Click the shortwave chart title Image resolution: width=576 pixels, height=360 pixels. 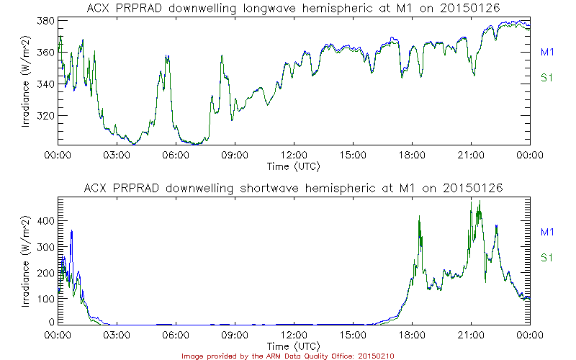[294, 188]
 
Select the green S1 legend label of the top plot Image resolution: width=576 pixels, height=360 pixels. [546, 78]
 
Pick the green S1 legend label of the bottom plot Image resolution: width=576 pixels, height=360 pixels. [546, 258]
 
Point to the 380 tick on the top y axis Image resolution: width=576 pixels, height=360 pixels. [45, 21]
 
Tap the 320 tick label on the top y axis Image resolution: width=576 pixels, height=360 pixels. [45, 116]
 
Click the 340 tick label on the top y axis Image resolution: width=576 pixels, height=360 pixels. [45, 84]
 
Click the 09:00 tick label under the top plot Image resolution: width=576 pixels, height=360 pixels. [235, 154]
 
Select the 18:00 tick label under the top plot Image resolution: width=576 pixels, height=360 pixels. [412, 154]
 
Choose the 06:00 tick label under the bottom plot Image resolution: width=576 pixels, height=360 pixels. [176, 336]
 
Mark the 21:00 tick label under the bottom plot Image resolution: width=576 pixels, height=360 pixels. [471, 336]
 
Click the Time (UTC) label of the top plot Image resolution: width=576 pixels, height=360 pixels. [294, 166]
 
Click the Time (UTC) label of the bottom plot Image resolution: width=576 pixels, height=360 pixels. [294, 347]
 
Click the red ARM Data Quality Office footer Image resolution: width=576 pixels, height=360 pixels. [287, 356]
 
